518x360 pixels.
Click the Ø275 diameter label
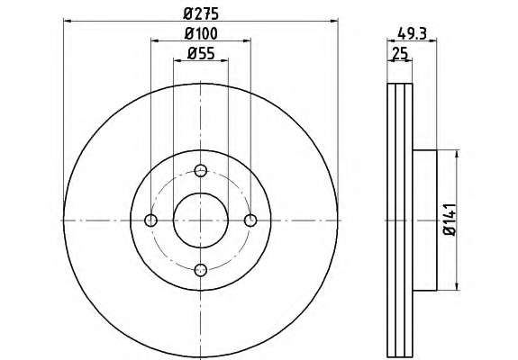tap(201, 13)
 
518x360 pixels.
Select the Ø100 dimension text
tap(201, 33)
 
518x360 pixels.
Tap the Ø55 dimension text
tap(201, 53)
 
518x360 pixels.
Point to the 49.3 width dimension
tap(412, 33)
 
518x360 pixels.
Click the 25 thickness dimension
tap(399, 53)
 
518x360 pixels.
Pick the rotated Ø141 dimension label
tap(450, 220)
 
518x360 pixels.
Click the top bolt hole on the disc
tap(201, 171)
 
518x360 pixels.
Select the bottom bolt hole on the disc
tap(201, 270)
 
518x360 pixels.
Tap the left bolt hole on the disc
tap(151, 220)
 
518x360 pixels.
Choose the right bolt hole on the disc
tap(250, 220)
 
